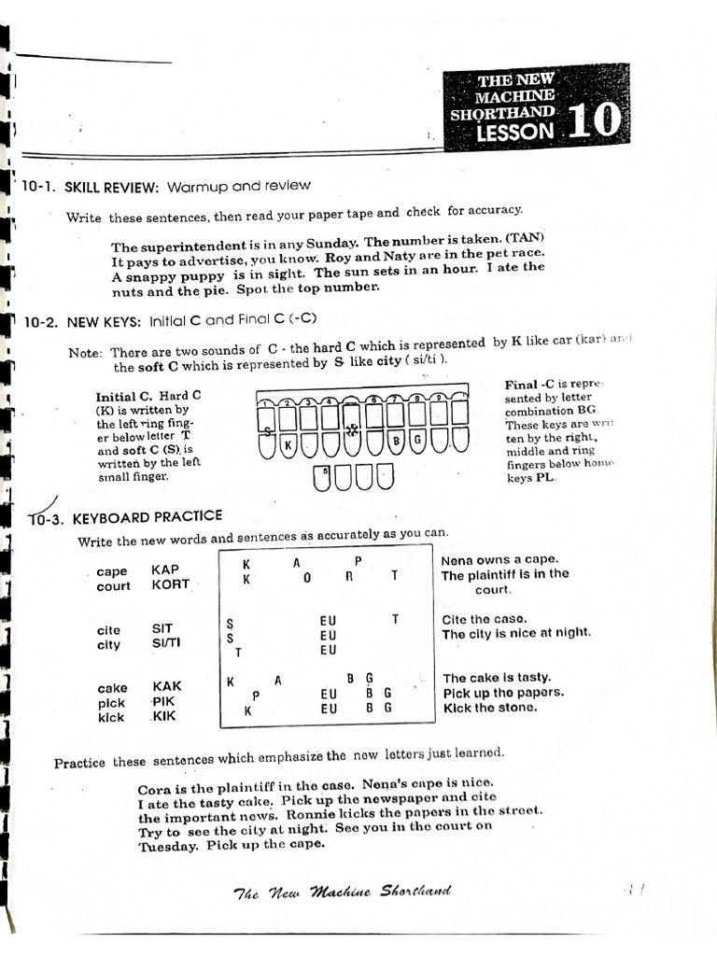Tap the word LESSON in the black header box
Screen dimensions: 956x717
(514, 132)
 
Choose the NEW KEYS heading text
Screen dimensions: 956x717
(104, 321)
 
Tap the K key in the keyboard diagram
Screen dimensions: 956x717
(288, 446)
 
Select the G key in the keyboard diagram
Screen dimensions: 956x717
(417, 439)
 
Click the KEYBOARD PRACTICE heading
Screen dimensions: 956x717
(148, 516)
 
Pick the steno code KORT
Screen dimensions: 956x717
(170, 584)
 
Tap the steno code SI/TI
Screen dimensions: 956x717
(168, 644)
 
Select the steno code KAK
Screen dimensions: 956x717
(166, 686)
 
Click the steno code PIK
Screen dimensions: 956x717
(164, 701)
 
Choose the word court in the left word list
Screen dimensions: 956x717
(114, 586)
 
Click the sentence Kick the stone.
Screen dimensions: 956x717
(490, 708)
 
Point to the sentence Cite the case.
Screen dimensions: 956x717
(485, 619)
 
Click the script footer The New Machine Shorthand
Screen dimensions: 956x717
(342, 892)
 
